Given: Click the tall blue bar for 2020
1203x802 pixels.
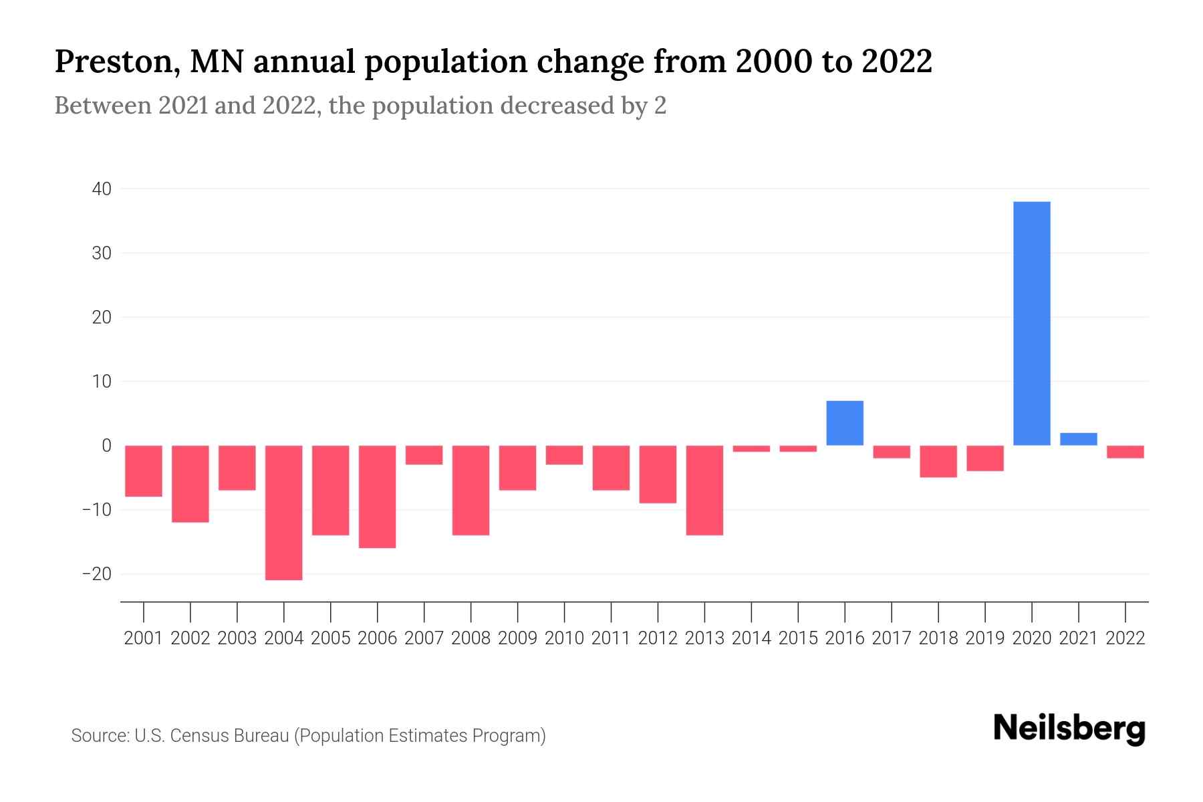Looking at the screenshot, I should click(x=1032, y=323).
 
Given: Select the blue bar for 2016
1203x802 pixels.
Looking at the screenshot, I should click(x=845, y=423).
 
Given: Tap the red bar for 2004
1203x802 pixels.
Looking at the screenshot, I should click(x=284, y=513).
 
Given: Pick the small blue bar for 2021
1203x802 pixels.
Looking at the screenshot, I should click(x=1079, y=439).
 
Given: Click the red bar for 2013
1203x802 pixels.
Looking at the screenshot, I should click(x=704, y=490).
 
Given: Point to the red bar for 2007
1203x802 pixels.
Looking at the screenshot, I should click(x=424, y=455).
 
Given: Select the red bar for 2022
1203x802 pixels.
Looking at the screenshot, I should click(x=1125, y=452).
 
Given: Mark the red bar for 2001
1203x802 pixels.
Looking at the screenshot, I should click(x=144, y=471).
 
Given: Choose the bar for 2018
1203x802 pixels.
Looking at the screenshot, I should click(x=938, y=461).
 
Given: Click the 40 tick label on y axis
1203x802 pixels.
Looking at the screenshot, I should click(x=102, y=189).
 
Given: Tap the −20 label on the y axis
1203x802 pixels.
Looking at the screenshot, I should click(x=96, y=574).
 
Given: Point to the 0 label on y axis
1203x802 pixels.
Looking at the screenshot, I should click(x=106, y=446).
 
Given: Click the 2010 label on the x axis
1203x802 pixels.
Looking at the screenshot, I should click(x=564, y=638).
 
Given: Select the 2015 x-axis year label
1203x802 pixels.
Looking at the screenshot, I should click(x=798, y=638).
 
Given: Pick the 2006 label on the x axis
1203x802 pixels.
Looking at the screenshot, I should click(x=378, y=638).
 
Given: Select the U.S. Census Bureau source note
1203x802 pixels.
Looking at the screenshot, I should click(x=308, y=736).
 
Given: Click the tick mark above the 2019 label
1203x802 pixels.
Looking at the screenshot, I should click(x=985, y=612).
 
